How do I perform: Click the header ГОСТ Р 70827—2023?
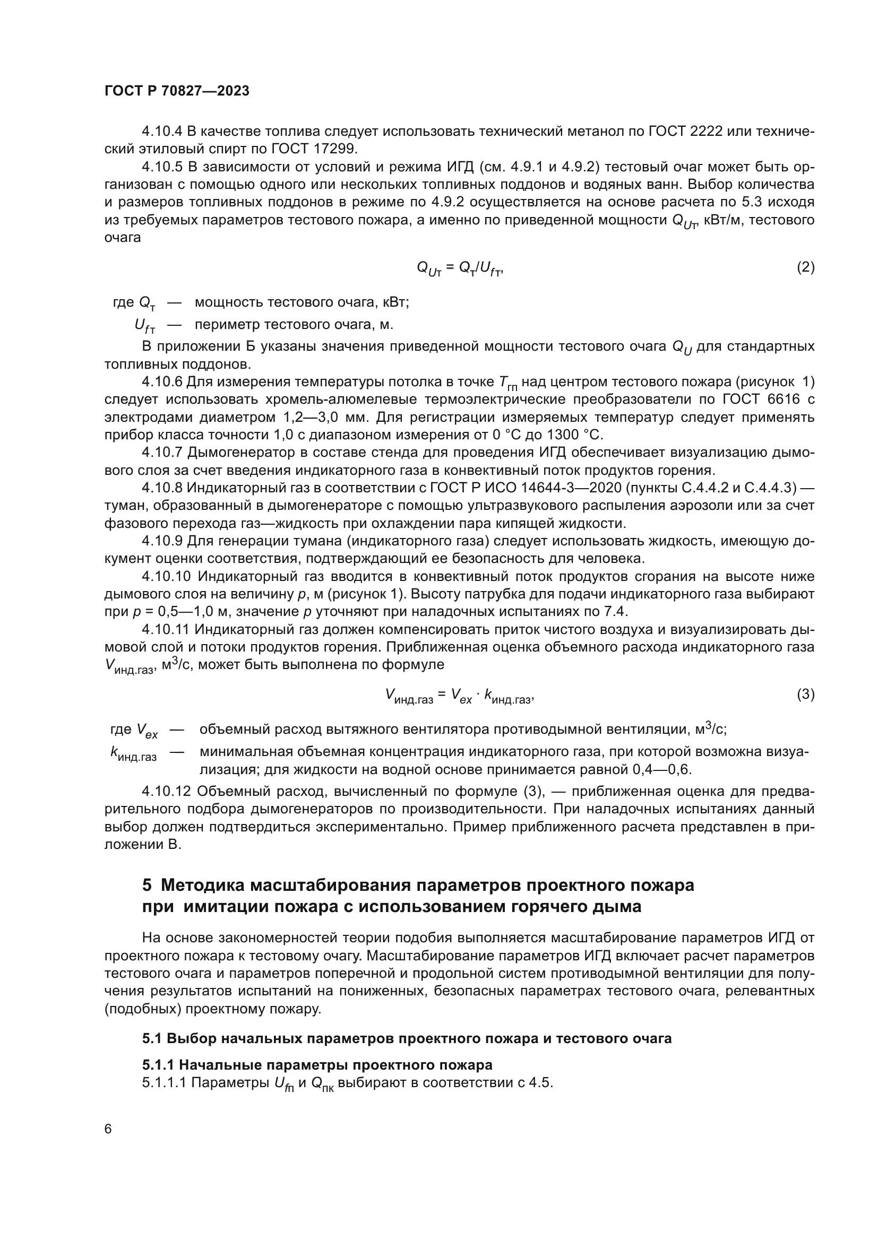pos(177,91)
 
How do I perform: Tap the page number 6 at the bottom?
pos(108,1129)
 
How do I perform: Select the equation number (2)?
pos(806,267)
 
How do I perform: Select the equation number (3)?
pos(806,694)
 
